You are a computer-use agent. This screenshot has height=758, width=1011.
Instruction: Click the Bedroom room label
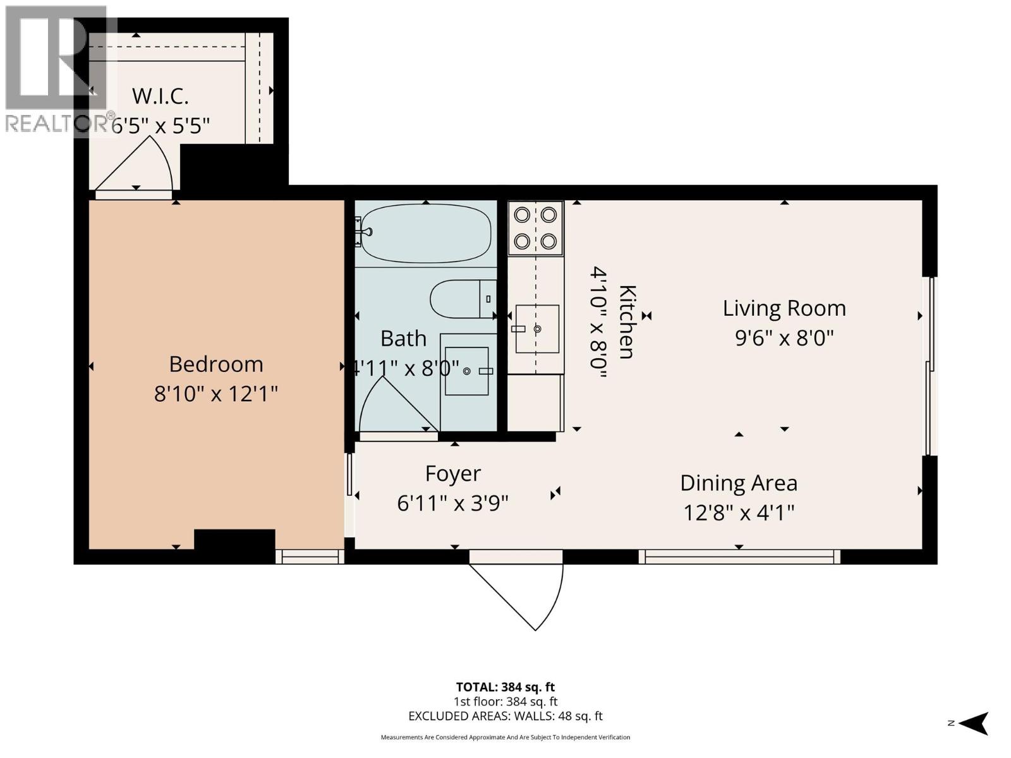point(216,364)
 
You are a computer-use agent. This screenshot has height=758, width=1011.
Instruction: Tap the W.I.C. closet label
point(160,97)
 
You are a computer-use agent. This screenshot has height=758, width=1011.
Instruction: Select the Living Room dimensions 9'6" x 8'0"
point(784,338)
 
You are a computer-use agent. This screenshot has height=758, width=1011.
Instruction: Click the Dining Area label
point(739,483)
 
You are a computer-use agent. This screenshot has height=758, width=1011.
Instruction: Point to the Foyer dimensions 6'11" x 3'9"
point(452,503)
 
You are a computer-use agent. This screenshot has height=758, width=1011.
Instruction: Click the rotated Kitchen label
point(627,322)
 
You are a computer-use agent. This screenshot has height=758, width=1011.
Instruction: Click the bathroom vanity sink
point(467,371)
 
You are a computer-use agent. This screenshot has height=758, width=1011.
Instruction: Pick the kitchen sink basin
point(537,328)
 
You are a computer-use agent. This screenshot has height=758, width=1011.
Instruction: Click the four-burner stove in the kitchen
point(535,228)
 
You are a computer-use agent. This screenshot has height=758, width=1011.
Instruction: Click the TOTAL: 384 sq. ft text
point(505,687)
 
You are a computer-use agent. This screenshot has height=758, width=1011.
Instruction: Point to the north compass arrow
point(976,723)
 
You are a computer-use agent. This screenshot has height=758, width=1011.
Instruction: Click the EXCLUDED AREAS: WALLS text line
point(505,716)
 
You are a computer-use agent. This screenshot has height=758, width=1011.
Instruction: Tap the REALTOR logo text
point(57,124)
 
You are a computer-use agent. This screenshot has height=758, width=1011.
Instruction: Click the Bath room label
point(403,339)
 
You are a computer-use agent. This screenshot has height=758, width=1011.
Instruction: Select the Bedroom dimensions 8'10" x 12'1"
point(216,394)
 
